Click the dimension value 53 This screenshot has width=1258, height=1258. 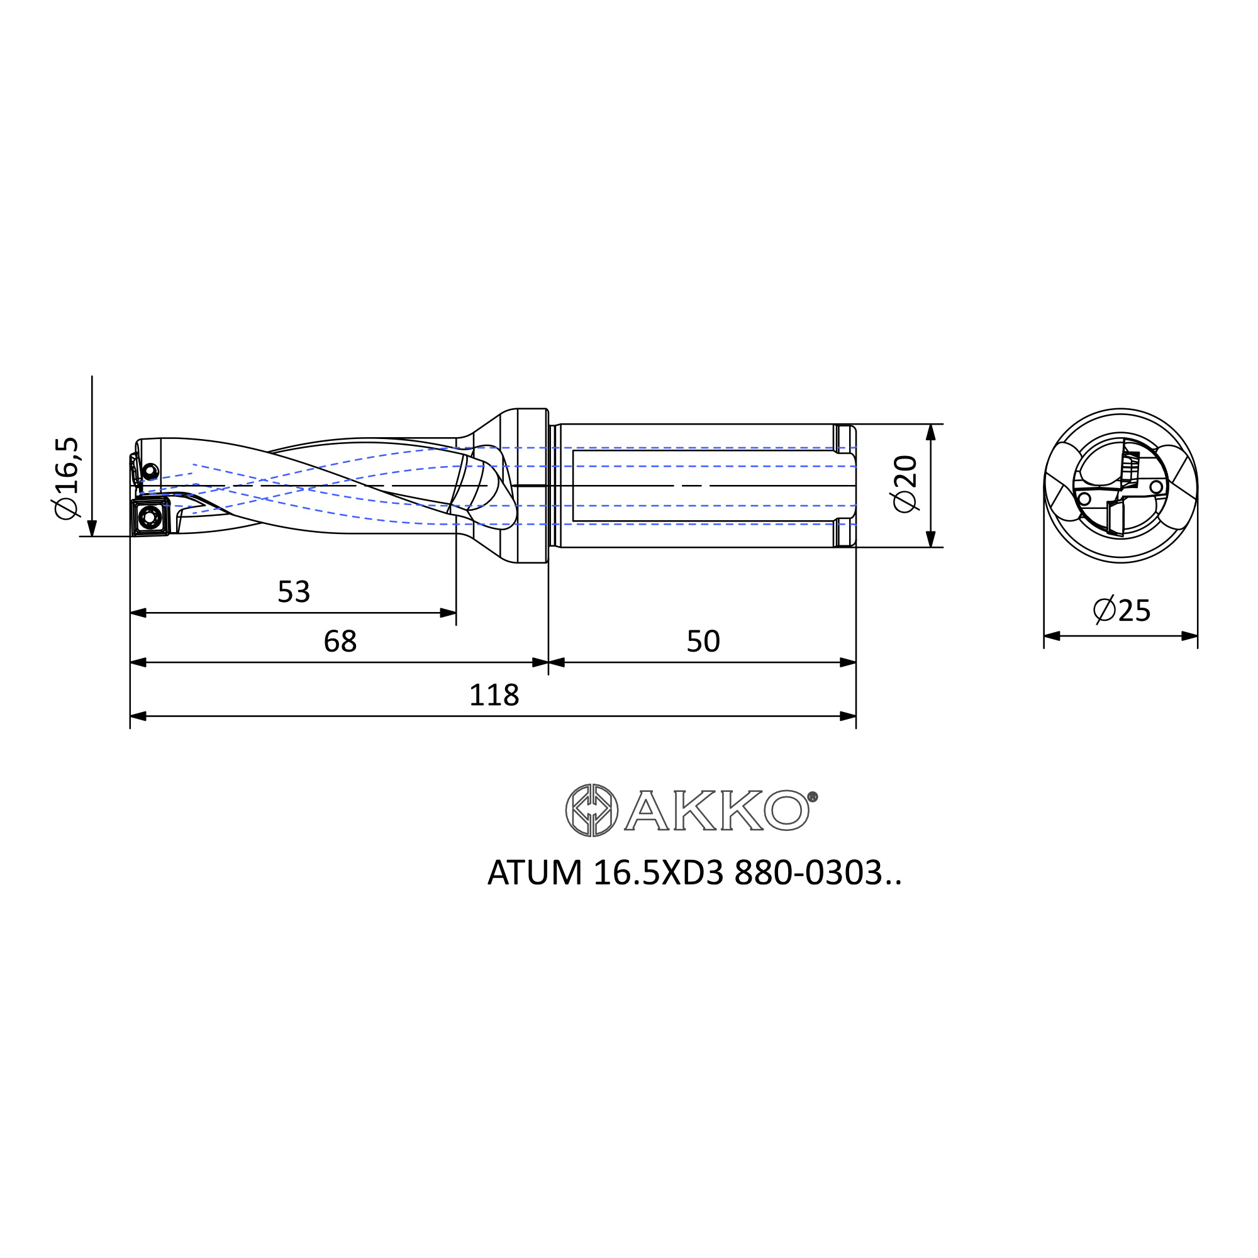click(294, 592)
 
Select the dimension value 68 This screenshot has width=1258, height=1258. click(340, 642)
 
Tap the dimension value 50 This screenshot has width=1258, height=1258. click(703, 642)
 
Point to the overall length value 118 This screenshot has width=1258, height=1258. click(494, 696)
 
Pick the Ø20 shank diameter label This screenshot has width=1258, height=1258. click(905, 484)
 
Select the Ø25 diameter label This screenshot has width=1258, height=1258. click(1122, 610)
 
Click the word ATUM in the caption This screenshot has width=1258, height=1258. click(535, 873)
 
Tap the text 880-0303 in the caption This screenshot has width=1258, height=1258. click(808, 873)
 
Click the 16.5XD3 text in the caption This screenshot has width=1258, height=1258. click(659, 873)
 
